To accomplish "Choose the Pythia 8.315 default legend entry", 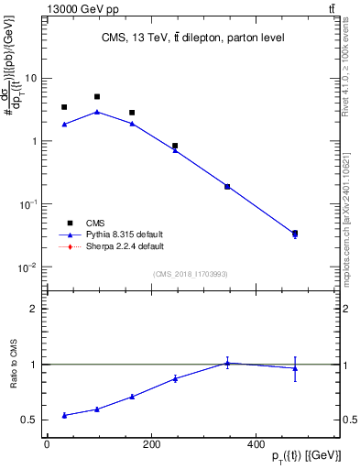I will coord(124,234).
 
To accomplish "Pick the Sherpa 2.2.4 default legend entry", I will coord(124,246).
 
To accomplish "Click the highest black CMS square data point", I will coord(97,96).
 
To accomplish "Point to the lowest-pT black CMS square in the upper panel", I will coord(64,107).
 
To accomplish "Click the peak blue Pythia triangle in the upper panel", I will coord(97,112).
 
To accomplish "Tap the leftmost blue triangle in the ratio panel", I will coord(64,415).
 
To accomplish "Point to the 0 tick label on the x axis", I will coord(47,444).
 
